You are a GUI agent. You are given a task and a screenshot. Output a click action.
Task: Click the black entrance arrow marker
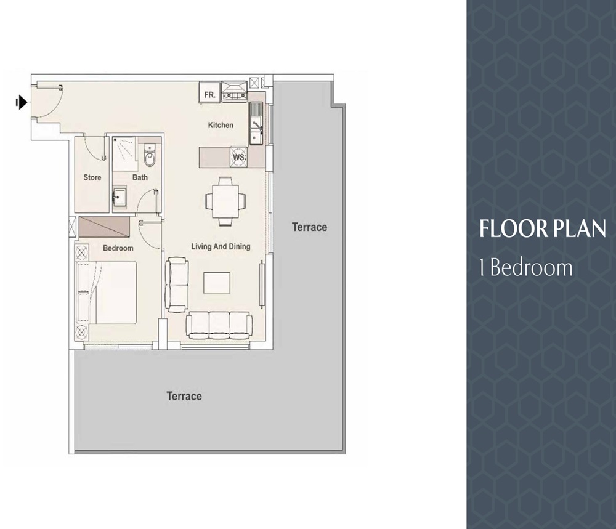point(22,102)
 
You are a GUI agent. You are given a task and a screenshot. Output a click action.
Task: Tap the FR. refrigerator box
point(209,95)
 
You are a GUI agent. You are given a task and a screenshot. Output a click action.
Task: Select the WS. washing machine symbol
point(239,156)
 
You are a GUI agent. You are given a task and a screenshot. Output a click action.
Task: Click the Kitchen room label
point(221,125)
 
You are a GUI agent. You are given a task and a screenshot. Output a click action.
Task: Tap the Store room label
point(92,177)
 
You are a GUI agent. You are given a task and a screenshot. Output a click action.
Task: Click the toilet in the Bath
point(150,158)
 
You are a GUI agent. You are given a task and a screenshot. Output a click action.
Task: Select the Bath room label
point(140,177)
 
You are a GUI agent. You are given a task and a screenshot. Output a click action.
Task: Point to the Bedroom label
point(118,248)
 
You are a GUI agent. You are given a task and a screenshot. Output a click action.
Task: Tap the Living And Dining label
point(221,247)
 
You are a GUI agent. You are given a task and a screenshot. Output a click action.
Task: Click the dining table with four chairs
point(225,201)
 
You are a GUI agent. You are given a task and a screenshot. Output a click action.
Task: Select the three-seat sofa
point(219,324)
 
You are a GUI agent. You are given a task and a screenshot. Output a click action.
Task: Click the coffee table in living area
point(217,283)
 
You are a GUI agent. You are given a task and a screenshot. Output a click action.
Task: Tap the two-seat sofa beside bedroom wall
point(177,284)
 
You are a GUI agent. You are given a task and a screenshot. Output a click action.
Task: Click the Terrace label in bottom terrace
point(184,396)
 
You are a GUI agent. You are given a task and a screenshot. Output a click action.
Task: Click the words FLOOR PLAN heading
point(543,228)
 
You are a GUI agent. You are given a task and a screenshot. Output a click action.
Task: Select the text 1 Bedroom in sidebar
point(526,268)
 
